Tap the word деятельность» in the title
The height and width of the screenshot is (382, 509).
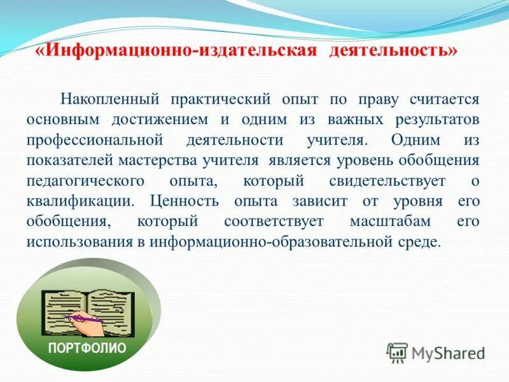393,51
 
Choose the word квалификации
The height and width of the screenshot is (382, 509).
80,201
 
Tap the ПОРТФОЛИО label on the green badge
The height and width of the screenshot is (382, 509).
88,348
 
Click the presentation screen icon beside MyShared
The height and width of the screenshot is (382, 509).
397,352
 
